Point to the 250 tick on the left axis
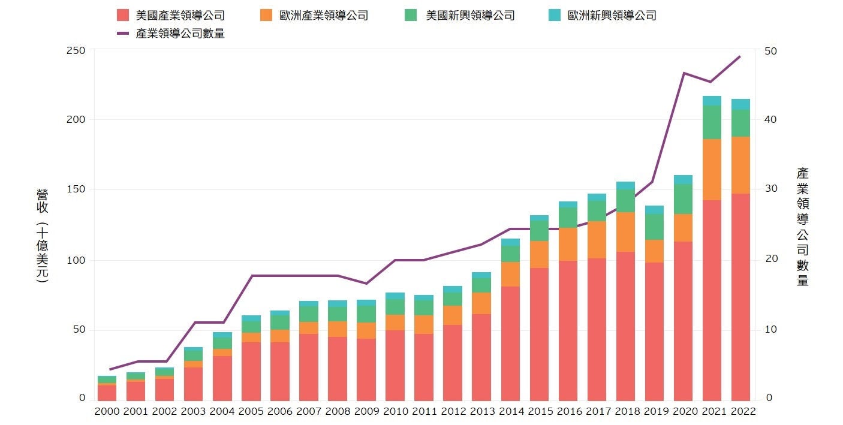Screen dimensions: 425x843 click(76, 50)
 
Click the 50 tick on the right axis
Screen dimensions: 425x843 click(771, 50)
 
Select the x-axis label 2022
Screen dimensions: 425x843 click(740, 411)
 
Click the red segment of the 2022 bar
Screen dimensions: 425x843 click(740, 297)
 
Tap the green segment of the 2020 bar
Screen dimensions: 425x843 click(683, 199)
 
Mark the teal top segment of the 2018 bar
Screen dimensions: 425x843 click(625, 186)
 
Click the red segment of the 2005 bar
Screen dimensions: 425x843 click(251, 371)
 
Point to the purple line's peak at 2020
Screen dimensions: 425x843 click(684, 73)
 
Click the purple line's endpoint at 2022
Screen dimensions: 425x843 click(740, 56)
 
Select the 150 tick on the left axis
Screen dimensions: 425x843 click(76, 190)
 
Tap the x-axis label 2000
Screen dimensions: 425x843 click(107, 411)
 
